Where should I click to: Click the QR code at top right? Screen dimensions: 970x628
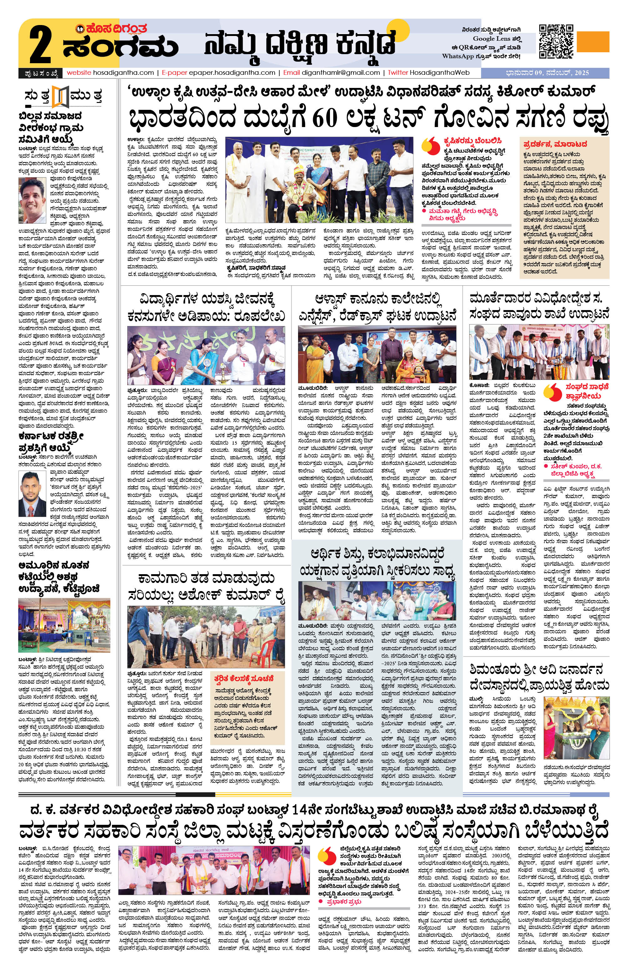(x=556, y=41)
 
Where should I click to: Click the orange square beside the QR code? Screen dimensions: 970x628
(x=593, y=41)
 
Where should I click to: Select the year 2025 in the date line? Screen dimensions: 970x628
(x=580, y=73)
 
